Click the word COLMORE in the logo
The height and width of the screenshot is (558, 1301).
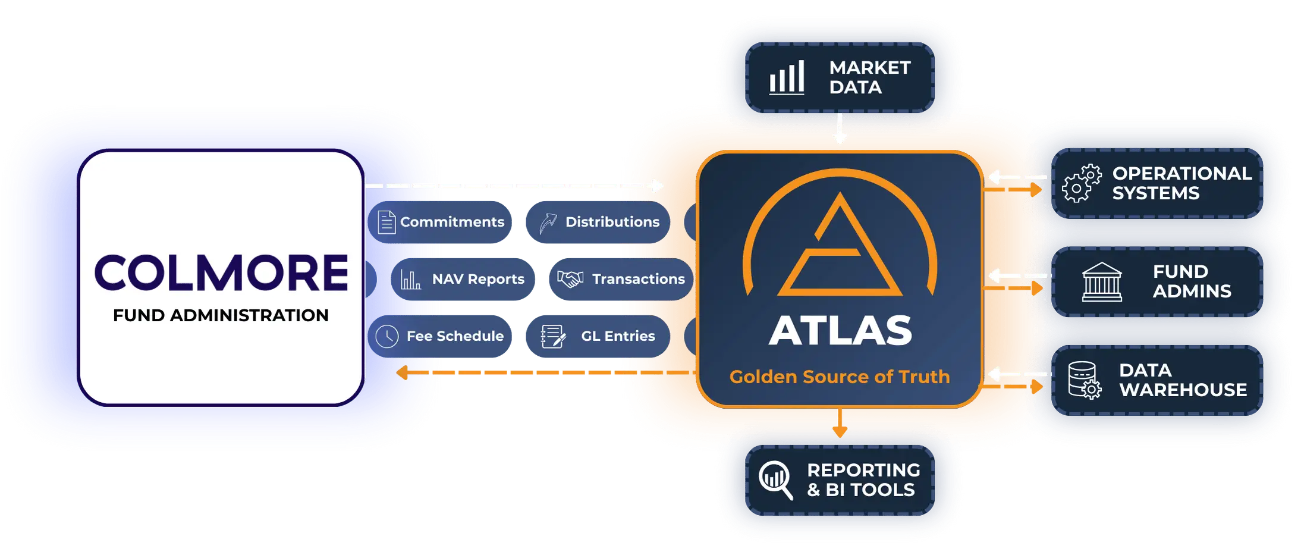221,273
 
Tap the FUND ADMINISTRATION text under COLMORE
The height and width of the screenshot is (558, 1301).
221,315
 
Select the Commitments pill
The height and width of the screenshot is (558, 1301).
440,222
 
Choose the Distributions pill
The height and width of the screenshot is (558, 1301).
598,222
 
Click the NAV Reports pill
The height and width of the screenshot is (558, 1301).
463,279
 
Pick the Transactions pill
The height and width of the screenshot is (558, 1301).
621,279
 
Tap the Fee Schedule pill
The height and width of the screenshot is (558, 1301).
440,336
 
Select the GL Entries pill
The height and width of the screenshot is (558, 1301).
598,336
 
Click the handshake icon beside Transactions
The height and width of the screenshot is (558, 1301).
570,278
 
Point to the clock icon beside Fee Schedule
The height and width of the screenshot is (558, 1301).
387,336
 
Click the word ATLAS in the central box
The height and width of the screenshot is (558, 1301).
840,330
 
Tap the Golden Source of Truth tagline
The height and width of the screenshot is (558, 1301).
840,377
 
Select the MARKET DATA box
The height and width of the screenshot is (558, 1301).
840,77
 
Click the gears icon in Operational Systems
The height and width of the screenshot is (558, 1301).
1082,184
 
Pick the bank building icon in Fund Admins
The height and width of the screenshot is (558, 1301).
1102,282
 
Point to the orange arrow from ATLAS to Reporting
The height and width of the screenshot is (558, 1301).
840,422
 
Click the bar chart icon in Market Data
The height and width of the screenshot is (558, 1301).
787,77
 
